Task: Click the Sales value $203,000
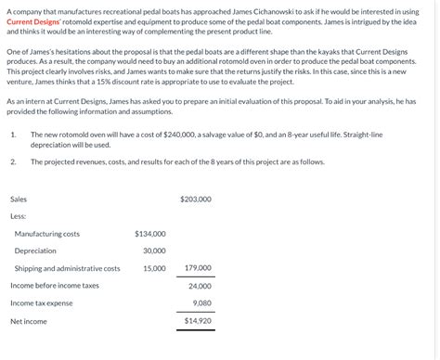click(x=196, y=199)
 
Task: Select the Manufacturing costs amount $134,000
click(x=150, y=234)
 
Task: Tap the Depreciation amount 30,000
click(x=154, y=251)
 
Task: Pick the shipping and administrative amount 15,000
click(x=154, y=268)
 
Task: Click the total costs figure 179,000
click(x=198, y=268)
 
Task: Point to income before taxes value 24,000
click(x=200, y=286)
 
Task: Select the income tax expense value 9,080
click(x=201, y=302)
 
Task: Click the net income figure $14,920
click(x=198, y=321)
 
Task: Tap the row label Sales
click(x=19, y=199)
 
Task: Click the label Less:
click(x=18, y=216)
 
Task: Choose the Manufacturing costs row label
click(x=46, y=234)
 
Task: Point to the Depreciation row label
click(x=35, y=251)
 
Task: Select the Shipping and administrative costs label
click(x=67, y=268)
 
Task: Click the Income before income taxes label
click(x=55, y=286)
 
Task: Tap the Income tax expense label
click(x=41, y=302)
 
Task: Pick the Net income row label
click(x=29, y=321)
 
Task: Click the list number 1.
click(x=12, y=135)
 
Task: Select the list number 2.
click(x=13, y=161)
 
